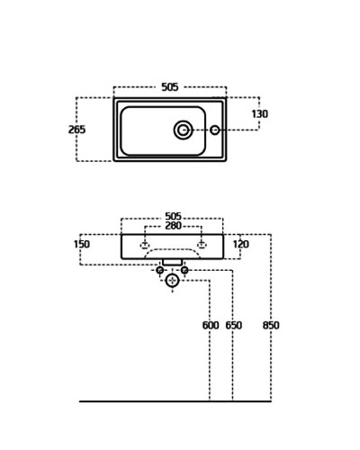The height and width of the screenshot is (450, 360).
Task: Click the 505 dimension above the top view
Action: pyautogui.click(x=170, y=87)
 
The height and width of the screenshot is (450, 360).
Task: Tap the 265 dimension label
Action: pyautogui.click(x=76, y=130)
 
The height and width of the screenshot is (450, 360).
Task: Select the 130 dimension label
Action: pyautogui.click(x=260, y=114)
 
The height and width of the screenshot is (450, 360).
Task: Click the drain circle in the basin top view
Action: pyautogui.click(x=183, y=130)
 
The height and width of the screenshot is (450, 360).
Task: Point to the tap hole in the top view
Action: pyautogui.click(x=215, y=130)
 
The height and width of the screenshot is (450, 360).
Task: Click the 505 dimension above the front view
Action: pyautogui.click(x=174, y=216)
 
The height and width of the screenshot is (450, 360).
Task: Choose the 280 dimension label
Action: pyautogui.click(x=174, y=226)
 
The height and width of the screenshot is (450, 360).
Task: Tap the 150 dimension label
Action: pyautogui.click(x=82, y=244)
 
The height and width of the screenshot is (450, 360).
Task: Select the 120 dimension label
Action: pyautogui.click(x=241, y=244)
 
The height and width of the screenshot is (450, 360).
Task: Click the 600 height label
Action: pyautogui.click(x=211, y=325)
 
